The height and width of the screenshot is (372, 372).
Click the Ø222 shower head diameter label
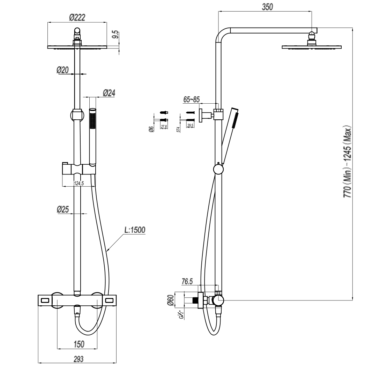pos(77,17)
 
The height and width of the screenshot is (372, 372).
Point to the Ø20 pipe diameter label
pos(63,70)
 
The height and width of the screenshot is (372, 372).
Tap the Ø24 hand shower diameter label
pos(109,93)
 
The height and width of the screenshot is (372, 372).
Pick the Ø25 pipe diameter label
pos(63,209)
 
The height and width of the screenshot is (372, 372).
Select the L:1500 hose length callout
pos(135,230)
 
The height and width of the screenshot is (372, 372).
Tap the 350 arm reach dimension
pos(267,7)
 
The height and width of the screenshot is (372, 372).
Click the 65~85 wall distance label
pos(191,99)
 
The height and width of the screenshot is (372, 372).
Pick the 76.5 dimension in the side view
pos(187,282)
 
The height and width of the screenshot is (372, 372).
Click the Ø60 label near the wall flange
pos(171,300)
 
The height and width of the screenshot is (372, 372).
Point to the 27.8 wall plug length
pos(163,126)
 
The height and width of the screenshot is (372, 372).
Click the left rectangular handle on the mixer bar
pos(45,300)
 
